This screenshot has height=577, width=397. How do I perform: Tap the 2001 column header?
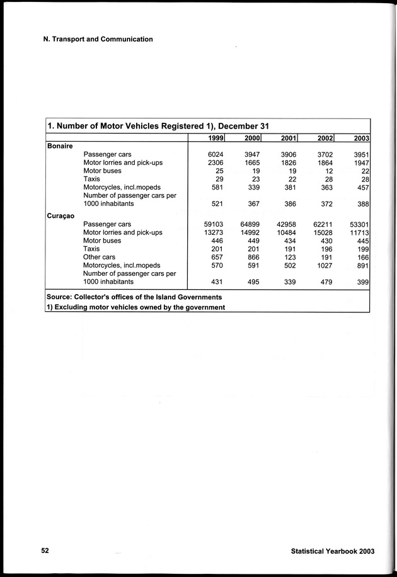coord(288,139)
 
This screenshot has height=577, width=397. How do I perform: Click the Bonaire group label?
coord(60,146)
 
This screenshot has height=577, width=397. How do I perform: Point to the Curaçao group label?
coord(60,215)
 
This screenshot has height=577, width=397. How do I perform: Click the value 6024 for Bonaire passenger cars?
coord(216,154)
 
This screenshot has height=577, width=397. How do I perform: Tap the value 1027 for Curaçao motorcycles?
coord(324,265)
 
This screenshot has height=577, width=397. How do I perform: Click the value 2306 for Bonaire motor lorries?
coord(216,163)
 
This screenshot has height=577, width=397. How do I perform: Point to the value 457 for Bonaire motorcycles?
coord(362,187)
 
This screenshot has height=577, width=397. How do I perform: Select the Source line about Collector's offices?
coord(134,297)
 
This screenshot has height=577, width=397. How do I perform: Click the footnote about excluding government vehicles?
coord(136,307)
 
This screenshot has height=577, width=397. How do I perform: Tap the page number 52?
coord(45,550)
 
